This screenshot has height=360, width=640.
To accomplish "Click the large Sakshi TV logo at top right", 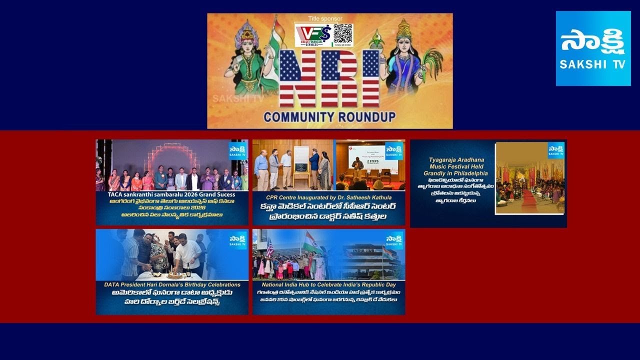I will pos(593,48).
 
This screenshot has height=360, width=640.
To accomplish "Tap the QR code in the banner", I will pos(343,34).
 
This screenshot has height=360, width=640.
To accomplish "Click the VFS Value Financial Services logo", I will pos(312,35).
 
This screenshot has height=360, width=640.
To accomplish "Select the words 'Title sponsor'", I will pos(325,18).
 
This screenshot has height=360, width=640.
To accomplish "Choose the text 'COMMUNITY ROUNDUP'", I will pos(329,117).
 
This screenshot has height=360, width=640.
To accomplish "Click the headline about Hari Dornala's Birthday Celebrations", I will pos(172,284).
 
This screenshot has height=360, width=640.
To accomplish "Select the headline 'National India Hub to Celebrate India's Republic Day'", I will pos(328,284).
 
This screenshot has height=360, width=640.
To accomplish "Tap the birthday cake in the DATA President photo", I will pos(174,274).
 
